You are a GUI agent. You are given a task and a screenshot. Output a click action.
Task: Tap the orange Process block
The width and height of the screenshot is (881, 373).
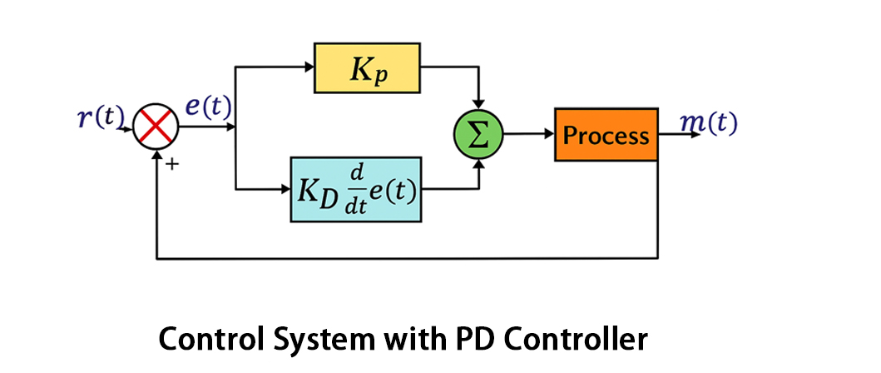click(606, 134)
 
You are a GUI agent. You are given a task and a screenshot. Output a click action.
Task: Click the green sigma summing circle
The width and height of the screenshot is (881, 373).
click(479, 135)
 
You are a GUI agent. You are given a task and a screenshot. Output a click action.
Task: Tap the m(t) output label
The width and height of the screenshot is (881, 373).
click(708, 122)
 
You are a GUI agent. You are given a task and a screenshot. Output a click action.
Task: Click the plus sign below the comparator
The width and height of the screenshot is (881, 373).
click(173, 165)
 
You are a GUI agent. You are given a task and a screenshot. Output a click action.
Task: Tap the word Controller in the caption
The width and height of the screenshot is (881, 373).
click(575, 340)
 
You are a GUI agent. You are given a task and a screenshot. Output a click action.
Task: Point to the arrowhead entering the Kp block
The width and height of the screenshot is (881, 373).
click(309, 69)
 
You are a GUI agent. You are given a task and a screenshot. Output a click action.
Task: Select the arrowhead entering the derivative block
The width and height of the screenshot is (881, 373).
click(285, 189)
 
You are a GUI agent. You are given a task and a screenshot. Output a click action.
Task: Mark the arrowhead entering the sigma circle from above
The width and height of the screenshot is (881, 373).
click(479, 109)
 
